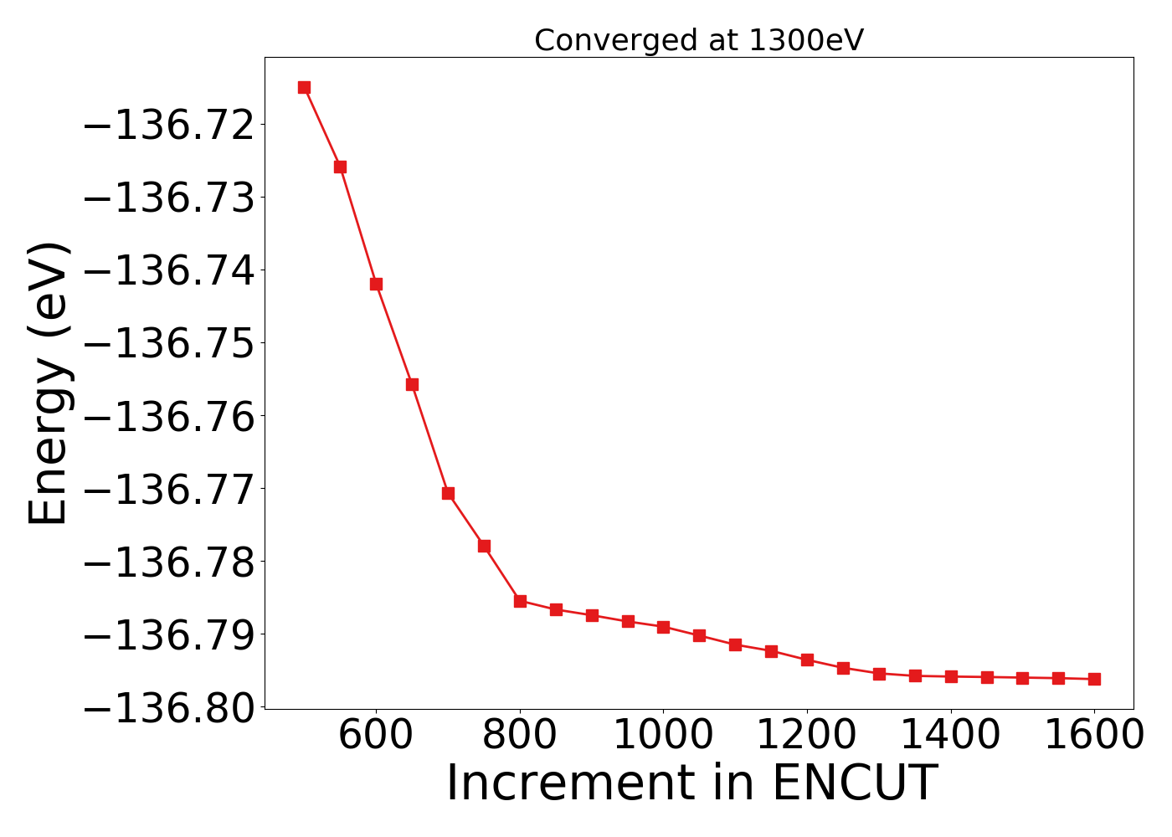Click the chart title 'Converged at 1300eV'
click(698, 40)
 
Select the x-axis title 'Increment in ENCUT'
click(691, 783)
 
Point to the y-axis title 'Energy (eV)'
click(48, 383)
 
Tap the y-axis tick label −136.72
click(167, 126)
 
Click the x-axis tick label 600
click(376, 737)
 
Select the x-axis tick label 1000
click(663, 737)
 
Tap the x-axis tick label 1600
click(1094, 737)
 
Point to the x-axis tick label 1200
click(807, 737)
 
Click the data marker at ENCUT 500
click(304, 87)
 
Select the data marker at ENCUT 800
click(520, 601)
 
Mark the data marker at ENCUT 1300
click(879, 674)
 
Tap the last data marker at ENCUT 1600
click(1094, 679)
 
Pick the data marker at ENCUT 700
click(448, 493)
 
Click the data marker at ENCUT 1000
click(663, 627)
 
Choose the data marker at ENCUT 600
click(376, 284)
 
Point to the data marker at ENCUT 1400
click(951, 676)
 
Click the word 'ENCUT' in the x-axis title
click(853, 783)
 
